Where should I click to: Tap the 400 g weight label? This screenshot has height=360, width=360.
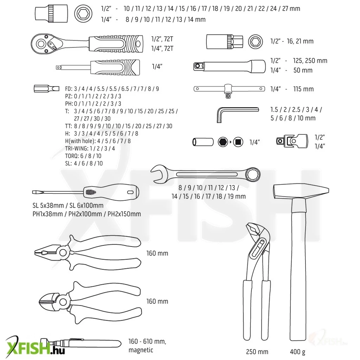click(x=297, y=352)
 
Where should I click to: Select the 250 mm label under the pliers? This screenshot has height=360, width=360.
click(x=257, y=352)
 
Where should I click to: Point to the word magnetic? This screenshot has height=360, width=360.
click(x=141, y=350)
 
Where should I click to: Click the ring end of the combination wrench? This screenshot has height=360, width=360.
click(x=253, y=174)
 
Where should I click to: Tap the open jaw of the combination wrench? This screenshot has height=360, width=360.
click(x=159, y=174)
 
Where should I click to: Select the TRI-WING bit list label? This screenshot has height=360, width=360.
click(x=90, y=148)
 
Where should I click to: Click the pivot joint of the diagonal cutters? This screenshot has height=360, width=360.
click(x=63, y=301)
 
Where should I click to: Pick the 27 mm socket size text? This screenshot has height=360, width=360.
click(x=291, y=9)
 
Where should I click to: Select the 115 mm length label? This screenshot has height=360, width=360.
click(x=303, y=89)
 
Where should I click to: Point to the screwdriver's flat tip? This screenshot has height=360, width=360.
click(x=35, y=192)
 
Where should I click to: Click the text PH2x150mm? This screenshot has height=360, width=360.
click(x=124, y=214)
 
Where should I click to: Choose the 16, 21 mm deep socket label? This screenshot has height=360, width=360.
click(x=300, y=41)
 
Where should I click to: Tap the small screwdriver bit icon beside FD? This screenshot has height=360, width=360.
click(x=47, y=89)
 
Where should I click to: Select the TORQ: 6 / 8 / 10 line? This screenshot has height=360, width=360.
click(x=83, y=156)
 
